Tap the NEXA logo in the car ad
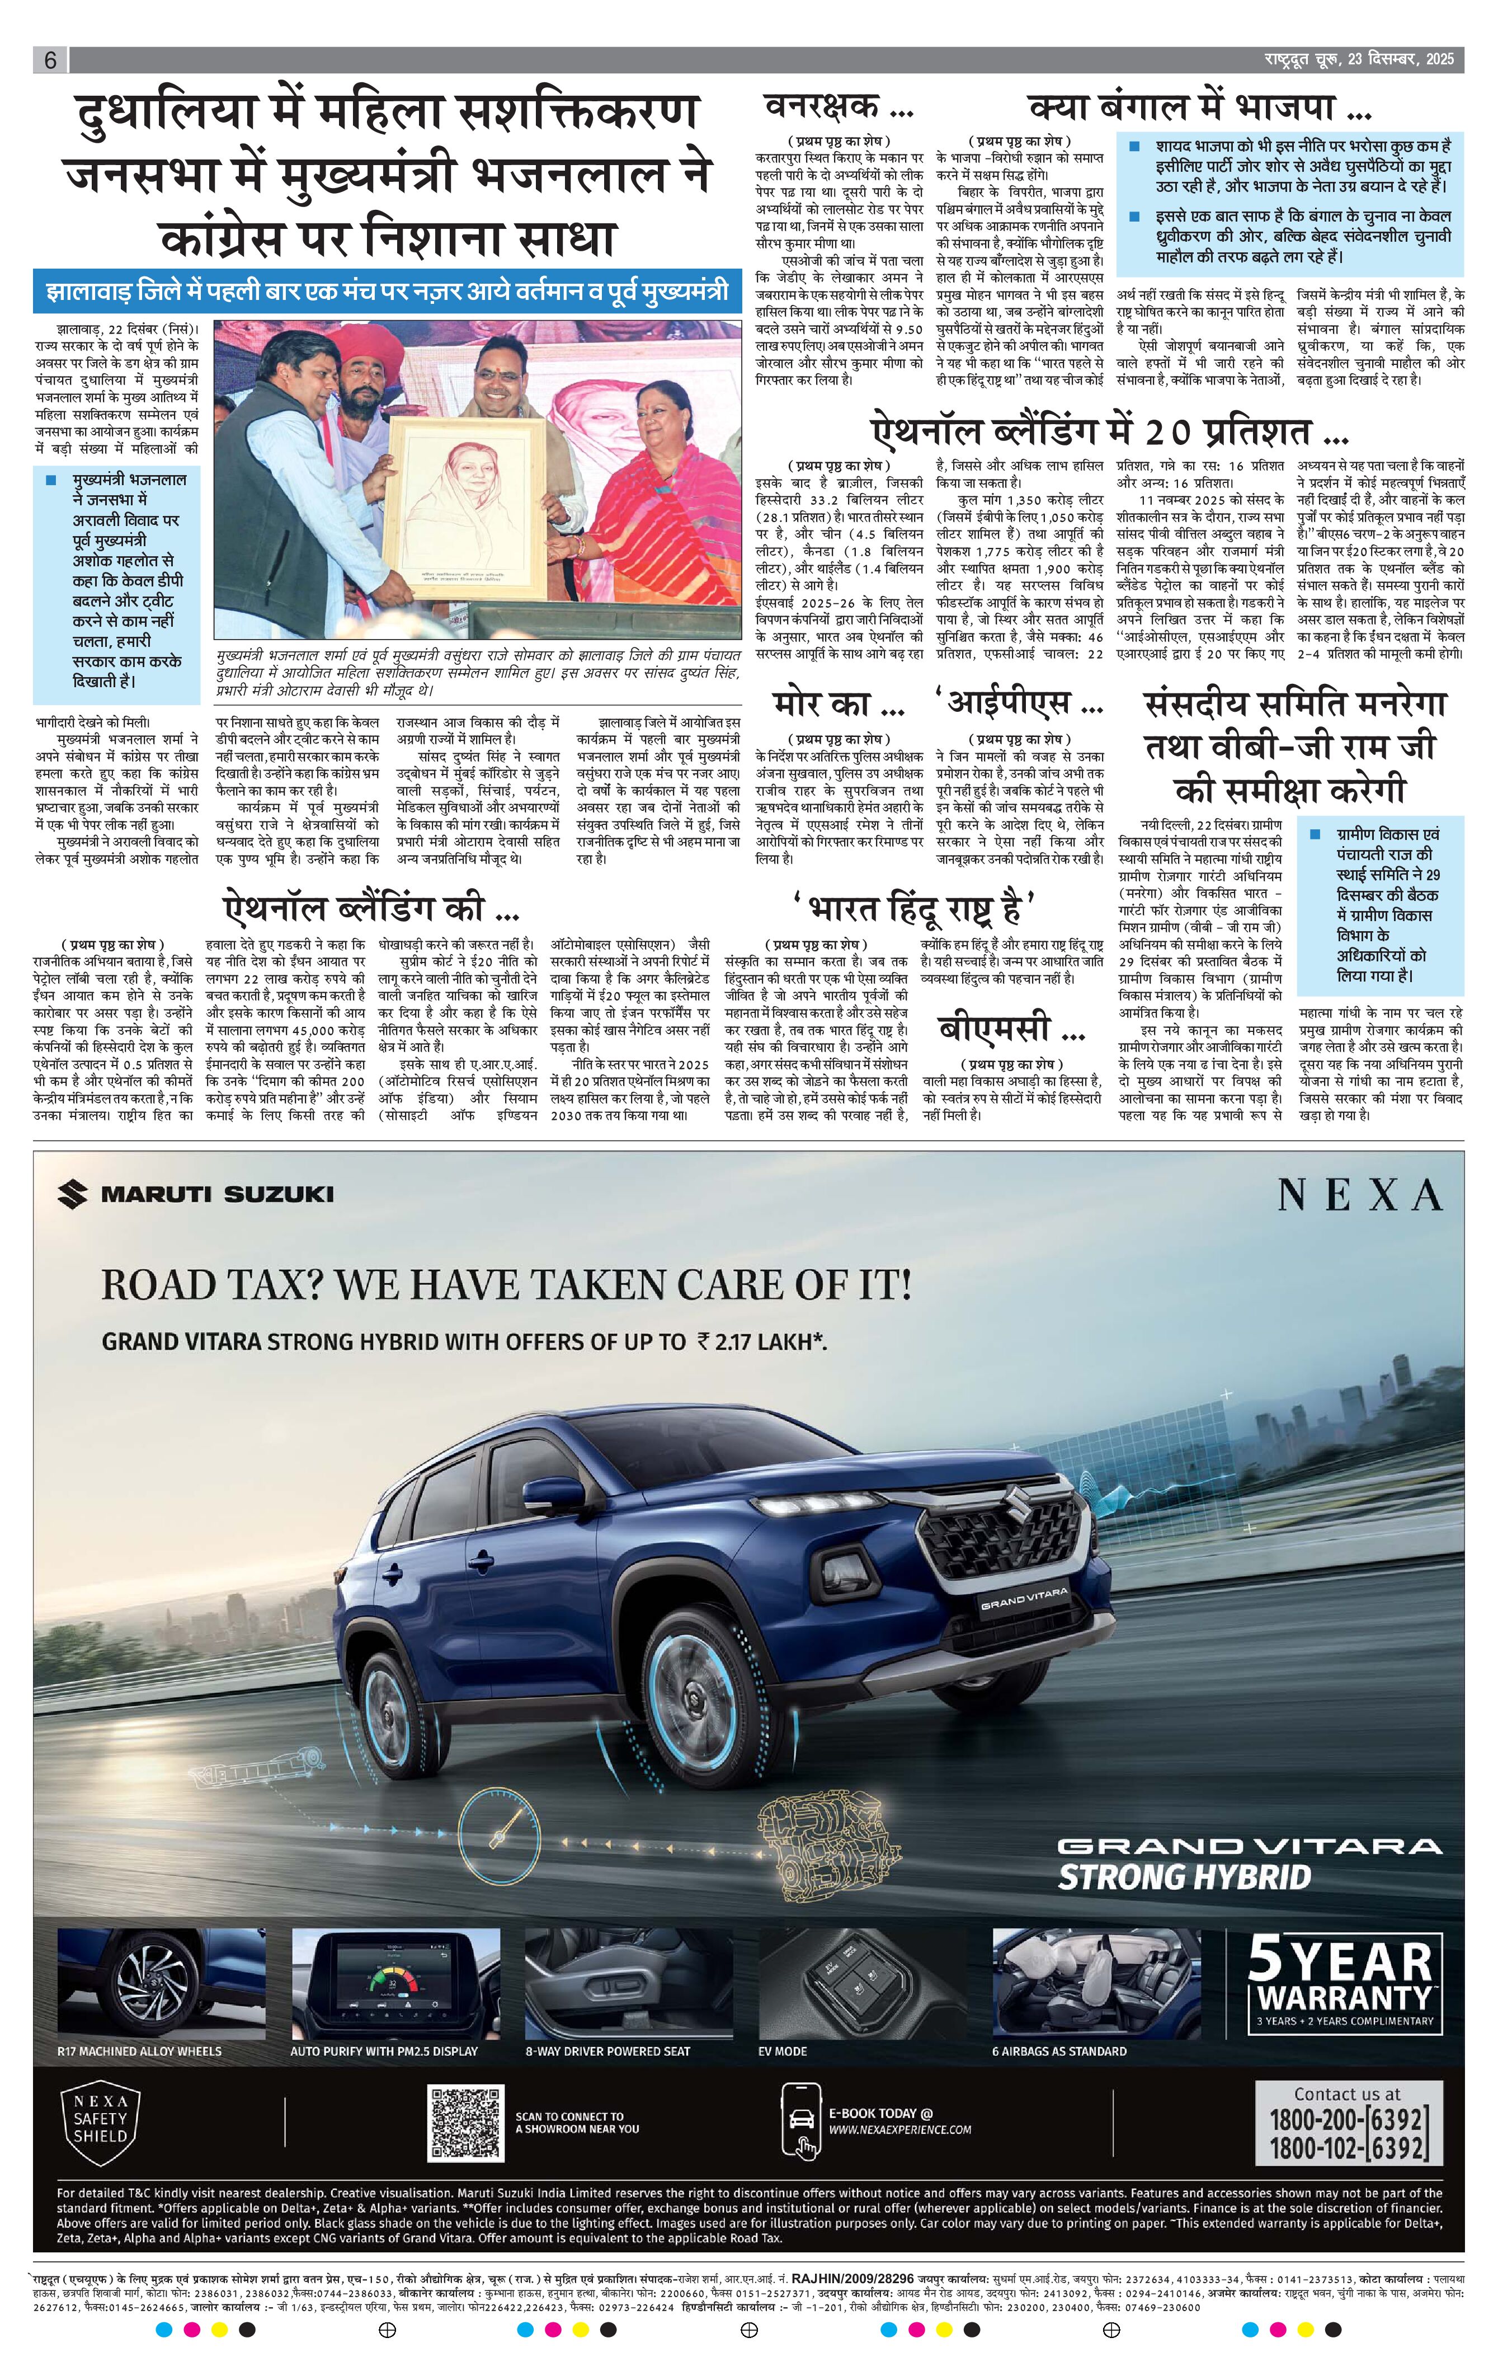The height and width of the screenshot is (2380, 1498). pos(1360,1196)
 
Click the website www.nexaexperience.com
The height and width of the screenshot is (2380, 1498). pos(899,2130)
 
